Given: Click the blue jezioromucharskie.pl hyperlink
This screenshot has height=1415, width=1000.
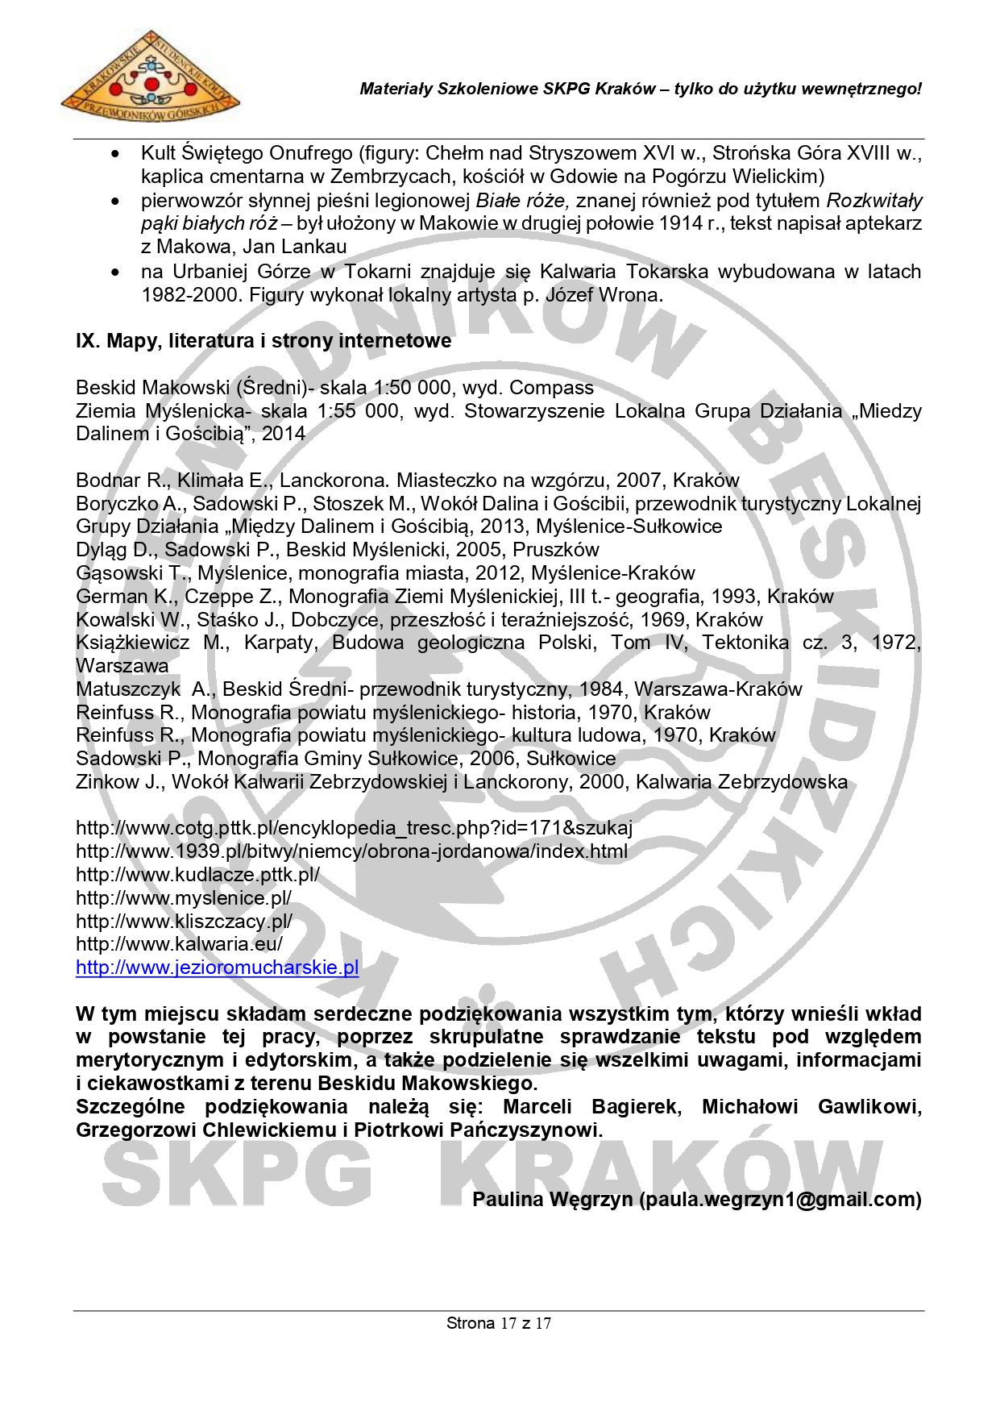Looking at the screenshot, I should click(217, 968).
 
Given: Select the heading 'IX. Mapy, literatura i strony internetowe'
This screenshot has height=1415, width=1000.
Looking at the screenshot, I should click(263, 341).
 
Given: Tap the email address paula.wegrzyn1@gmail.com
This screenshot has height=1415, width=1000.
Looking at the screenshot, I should click(782, 1200).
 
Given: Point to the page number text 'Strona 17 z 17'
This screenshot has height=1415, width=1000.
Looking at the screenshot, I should click(499, 1323).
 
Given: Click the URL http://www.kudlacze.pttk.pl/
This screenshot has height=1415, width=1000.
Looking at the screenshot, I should click(197, 875).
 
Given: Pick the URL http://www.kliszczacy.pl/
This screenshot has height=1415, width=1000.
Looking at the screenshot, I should click(184, 922).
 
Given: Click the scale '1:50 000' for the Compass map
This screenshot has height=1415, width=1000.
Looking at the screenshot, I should click(413, 388).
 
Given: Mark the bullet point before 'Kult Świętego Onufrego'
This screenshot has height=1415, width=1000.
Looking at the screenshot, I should click(118, 154).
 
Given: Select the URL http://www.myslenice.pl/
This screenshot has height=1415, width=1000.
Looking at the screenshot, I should click(183, 898).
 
